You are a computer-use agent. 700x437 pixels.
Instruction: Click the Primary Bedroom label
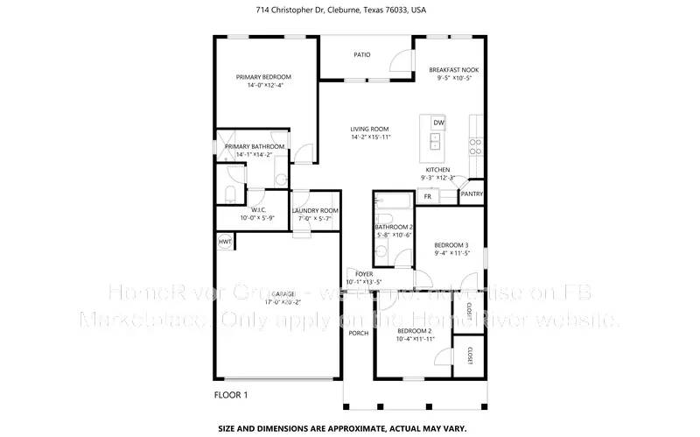(x=263, y=77)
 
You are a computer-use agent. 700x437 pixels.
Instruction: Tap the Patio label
(x=361, y=54)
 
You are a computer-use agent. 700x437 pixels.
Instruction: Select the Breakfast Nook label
(x=452, y=69)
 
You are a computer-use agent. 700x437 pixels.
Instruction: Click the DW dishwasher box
(x=438, y=122)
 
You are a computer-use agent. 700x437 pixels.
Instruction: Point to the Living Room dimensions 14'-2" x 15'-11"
(x=370, y=137)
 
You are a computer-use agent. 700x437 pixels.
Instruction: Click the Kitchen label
(x=437, y=169)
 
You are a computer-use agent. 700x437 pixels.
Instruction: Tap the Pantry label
(x=472, y=194)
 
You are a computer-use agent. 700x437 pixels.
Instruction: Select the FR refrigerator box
(x=428, y=197)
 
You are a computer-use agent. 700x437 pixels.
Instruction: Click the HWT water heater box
(x=225, y=242)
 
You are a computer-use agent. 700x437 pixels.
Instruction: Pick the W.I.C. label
(x=258, y=210)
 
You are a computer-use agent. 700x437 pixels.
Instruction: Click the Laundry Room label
(x=315, y=210)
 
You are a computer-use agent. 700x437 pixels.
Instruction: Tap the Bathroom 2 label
(x=394, y=227)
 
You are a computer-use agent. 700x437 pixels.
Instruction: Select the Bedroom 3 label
(x=451, y=244)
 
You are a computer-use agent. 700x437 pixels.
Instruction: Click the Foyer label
(x=364, y=274)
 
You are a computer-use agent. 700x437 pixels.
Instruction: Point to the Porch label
(x=358, y=333)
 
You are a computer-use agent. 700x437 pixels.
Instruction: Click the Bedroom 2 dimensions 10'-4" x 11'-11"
(x=416, y=338)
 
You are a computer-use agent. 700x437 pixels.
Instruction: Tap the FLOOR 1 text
(x=231, y=395)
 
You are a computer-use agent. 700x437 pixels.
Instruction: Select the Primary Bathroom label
(x=255, y=146)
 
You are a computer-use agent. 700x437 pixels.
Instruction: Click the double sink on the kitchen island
(x=435, y=141)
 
